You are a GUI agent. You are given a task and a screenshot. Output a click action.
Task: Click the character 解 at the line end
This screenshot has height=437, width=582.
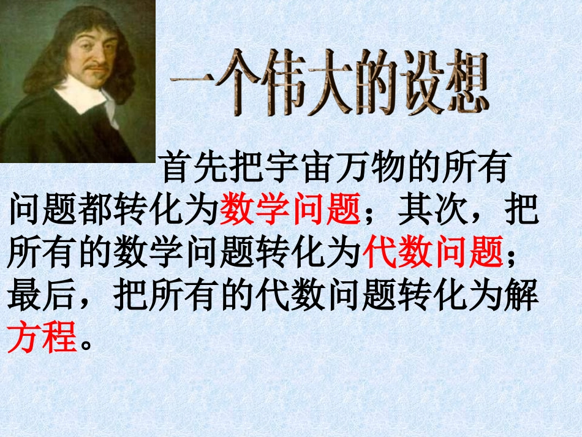tap(522, 296)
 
